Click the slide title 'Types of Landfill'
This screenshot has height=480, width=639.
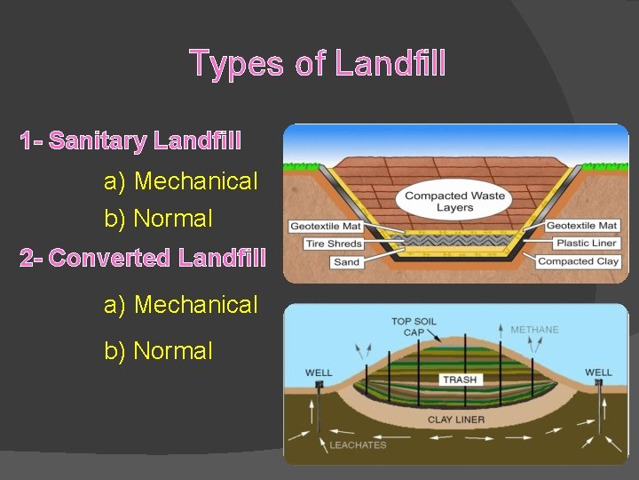point(318,64)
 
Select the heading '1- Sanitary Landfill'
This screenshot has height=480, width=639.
point(130,140)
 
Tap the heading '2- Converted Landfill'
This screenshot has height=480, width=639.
point(143,259)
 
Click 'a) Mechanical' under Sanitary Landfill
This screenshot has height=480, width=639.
point(181,181)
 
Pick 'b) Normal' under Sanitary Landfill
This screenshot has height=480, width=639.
point(159,218)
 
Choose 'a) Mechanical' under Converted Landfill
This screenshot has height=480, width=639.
point(181,305)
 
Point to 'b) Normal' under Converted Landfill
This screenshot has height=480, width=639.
point(159,351)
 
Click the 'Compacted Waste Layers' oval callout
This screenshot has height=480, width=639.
point(454,202)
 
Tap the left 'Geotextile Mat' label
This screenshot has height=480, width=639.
point(326,226)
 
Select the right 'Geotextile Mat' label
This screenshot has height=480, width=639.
point(581,226)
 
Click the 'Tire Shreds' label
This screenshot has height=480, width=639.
point(333,244)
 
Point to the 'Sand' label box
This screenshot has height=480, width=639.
point(346,262)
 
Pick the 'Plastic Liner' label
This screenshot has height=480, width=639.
point(586,244)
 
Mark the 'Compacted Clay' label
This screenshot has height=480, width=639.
point(578,262)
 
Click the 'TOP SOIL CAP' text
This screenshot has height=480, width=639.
point(413,326)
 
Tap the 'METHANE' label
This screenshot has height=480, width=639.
point(534,330)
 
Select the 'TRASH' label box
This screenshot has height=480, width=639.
point(460,380)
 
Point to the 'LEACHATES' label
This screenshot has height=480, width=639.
point(359,445)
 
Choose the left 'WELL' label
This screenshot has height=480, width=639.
point(319,372)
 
